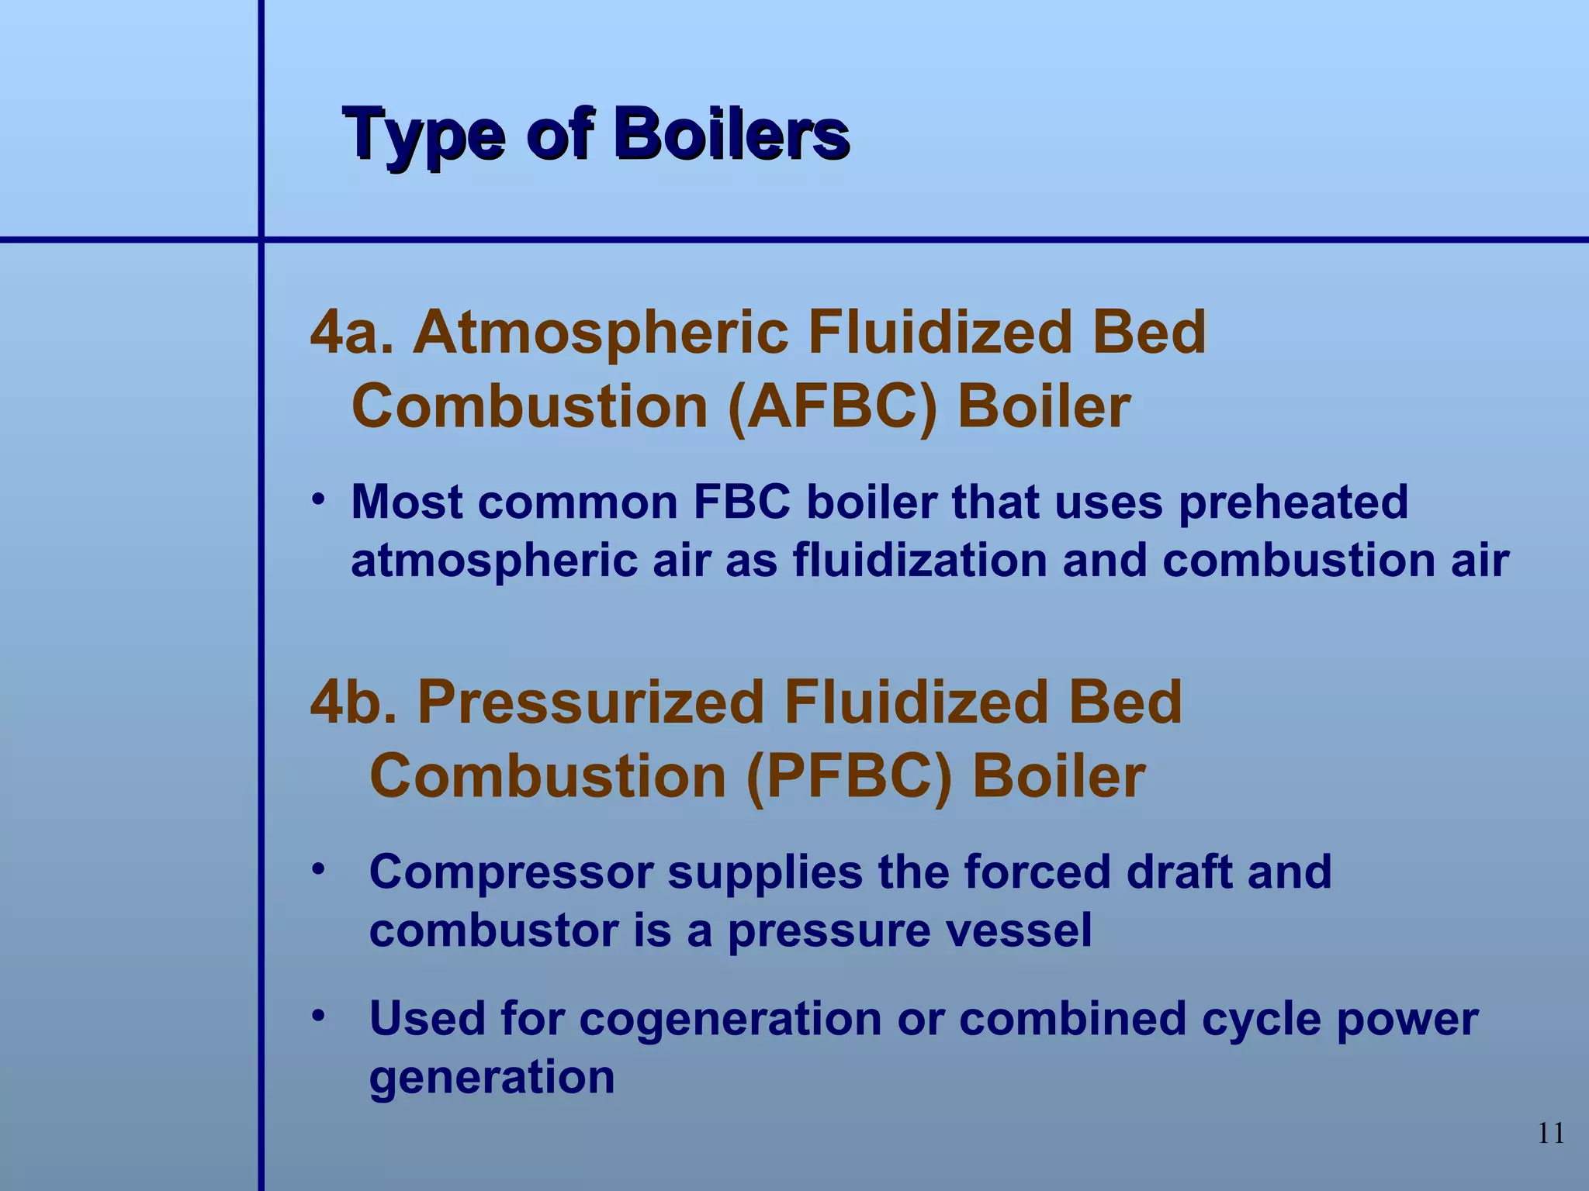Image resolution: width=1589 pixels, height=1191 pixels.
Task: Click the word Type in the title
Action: (x=424, y=136)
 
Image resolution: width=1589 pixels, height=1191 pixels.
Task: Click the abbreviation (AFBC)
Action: (x=833, y=407)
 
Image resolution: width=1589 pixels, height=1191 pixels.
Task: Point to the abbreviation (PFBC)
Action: (x=849, y=777)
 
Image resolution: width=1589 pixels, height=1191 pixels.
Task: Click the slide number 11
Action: (x=1550, y=1134)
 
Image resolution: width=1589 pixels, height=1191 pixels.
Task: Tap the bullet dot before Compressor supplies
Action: (x=317, y=868)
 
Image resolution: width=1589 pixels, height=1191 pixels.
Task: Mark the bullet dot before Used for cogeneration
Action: (x=317, y=1014)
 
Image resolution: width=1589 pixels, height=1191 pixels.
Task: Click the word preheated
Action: (x=1293, y=502)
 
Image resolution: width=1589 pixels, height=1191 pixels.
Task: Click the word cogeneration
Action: (x=730, y=1020)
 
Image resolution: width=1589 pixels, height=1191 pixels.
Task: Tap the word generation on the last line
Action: (x=492, y=1078)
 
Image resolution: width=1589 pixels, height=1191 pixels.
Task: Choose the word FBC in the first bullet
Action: (x=742, y=502)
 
